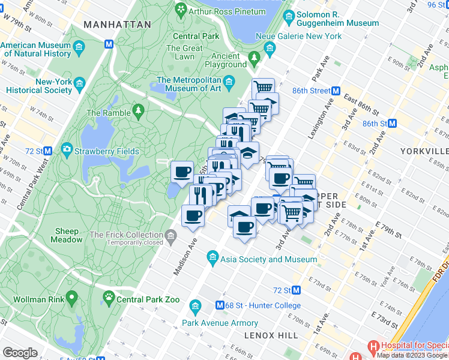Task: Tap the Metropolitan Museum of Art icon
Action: click(x=229, y=80)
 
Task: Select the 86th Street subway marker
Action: click(x=337, y=91)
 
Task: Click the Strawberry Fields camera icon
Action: click(x=66, y=148)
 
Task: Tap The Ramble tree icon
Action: click(x=139, y=110)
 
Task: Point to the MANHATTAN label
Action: click(x=118, y=25)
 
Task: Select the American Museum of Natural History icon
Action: click(x=79, y=47)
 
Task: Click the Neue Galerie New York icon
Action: click(x=270, y=47)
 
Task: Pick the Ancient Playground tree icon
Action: click(x=255, y=57)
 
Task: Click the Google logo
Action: click(x=20, y=353)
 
